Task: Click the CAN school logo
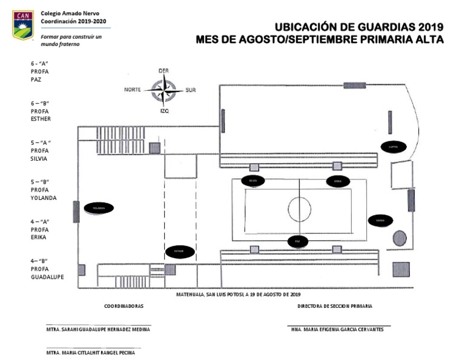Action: (23, 24)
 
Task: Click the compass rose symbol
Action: (164, 91)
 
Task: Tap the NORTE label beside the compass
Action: (133, 90)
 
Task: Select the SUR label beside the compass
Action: (191, 90)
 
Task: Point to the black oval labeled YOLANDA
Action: (99, 208)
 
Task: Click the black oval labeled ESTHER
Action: (179, 251)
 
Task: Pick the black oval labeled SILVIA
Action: (253, 181)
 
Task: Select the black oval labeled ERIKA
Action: (338, 181)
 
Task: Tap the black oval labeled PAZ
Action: (297, 241)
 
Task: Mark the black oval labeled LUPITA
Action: (393, 146)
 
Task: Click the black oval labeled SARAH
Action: (380, 220)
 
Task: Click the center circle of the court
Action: (300, 210)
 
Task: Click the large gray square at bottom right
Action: (401, 269)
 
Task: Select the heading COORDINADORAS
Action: (124, 306)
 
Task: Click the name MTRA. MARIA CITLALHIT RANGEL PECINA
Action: (91, 353)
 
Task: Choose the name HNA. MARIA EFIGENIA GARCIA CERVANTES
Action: (337, 329)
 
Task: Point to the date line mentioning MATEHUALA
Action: (238, 295)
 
